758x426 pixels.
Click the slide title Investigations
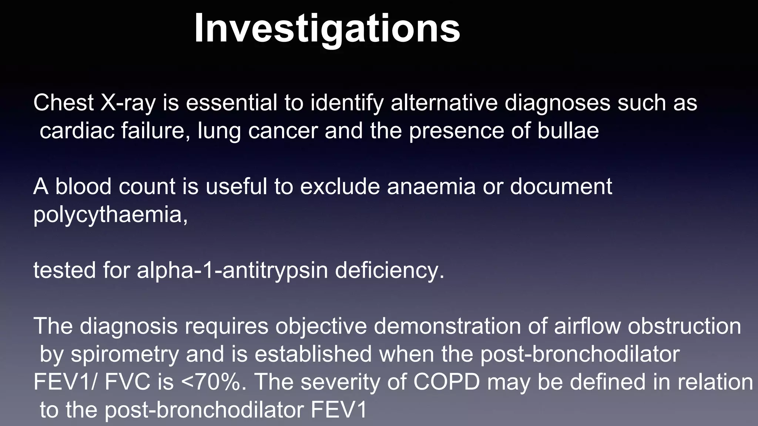(327, 29)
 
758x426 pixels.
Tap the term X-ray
(128, 103)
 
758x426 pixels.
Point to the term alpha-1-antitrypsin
(232, 270)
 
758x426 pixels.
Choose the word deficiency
(389, 270)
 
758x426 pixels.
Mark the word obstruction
(685, 326)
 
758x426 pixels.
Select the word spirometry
(125, 354)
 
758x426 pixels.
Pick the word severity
(341, 382)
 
